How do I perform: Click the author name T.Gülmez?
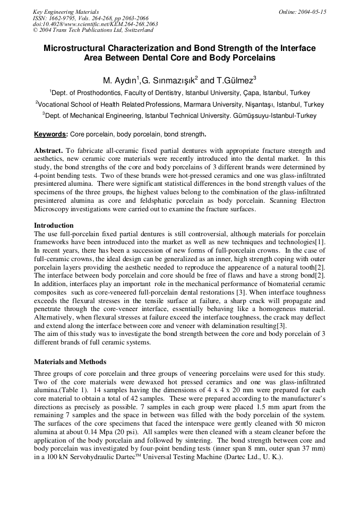236,81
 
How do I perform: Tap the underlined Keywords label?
50,134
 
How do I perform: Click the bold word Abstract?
48,151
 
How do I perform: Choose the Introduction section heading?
54,226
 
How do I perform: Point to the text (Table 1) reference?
79,390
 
